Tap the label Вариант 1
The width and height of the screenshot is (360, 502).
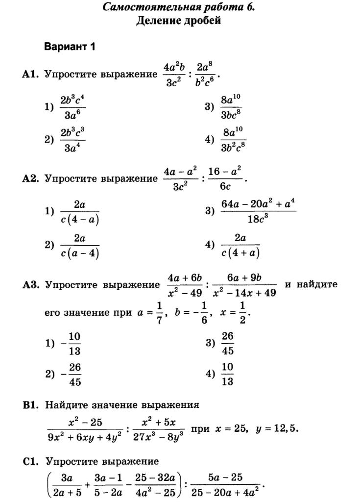69,47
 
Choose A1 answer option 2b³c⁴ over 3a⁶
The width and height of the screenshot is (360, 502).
72,107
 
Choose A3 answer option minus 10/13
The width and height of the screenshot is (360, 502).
72,344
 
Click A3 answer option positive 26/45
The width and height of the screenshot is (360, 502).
228,343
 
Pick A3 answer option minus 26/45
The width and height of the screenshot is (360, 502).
72,375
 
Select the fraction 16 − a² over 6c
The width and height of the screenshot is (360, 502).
225,179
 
